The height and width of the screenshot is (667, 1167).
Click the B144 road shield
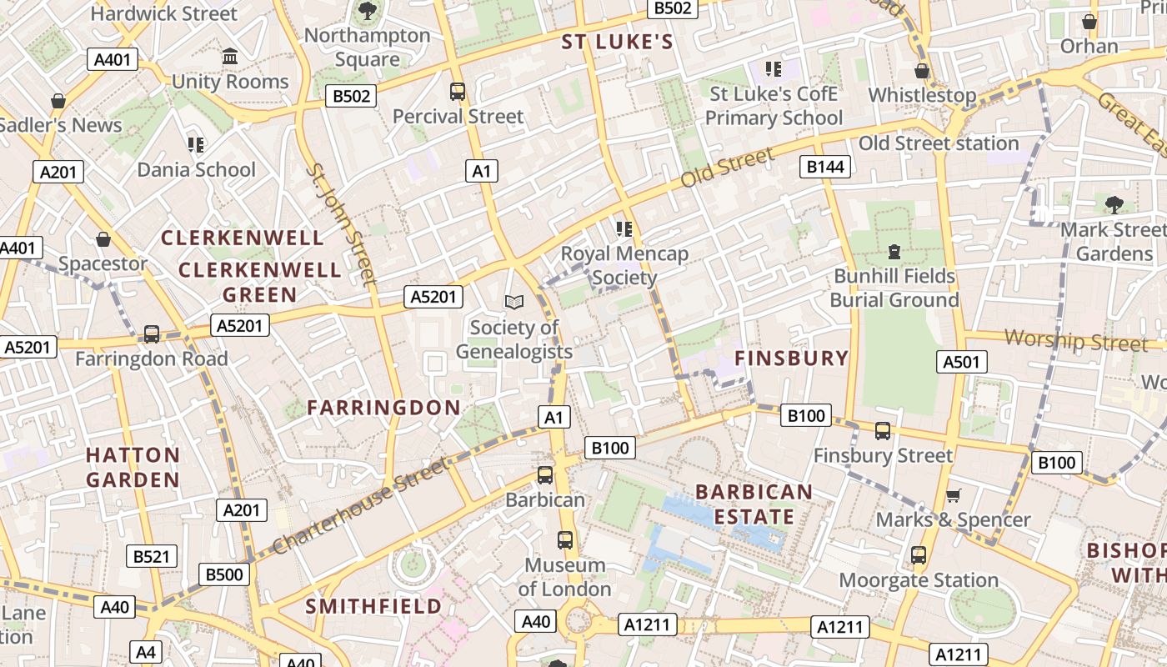(825, 167)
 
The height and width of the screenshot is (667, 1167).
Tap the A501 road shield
(963, 361)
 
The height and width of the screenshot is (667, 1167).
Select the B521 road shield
(151, 556)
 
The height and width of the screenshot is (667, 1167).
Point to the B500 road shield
(224, 574)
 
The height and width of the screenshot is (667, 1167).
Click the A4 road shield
(146, 652)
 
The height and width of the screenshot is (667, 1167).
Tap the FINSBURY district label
(791, 359)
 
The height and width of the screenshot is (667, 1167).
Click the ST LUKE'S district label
(617, 42)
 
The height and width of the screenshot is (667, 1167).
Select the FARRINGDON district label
(383, 408)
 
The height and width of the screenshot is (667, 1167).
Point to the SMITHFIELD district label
(373, 606)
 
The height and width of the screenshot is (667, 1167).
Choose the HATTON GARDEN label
(133, 467)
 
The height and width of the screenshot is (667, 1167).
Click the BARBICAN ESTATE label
(754, 504)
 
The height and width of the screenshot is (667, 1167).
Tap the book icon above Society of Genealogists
(514, 302)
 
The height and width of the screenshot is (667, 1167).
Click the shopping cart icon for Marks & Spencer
(954, 495)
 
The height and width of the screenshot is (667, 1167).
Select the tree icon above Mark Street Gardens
(1114, 204)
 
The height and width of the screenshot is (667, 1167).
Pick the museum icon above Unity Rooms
(230, 57)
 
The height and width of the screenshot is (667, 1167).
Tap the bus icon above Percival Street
(457, 91)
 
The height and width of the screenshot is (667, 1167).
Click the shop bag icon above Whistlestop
(922, 71)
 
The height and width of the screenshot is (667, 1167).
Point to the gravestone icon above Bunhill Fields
(894, 251)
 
